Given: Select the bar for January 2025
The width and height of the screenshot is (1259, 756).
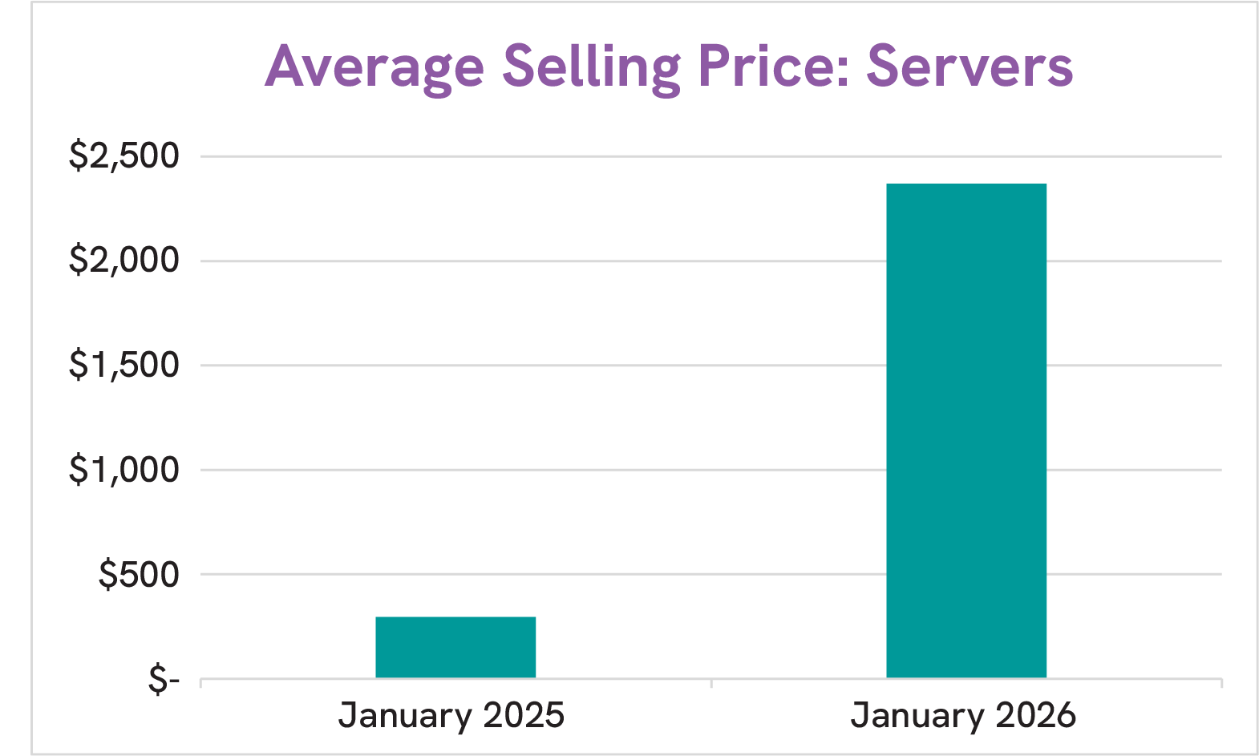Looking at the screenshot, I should (x=455, y=647).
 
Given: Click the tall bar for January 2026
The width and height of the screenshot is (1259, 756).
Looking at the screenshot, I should (x=966, y=431).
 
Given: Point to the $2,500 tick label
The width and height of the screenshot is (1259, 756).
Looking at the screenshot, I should (x=123, y=156).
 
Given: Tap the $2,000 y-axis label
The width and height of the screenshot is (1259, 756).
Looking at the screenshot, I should (x=123, y=261).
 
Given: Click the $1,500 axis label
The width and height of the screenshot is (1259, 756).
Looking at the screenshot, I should (x=123, y=365).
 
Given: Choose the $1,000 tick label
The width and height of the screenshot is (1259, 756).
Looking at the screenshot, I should (x=123, y=470).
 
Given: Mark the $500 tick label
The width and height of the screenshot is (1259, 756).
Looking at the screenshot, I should (x=138, y=575).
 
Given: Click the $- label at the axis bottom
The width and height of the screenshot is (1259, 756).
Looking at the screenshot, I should (x=163, y=680).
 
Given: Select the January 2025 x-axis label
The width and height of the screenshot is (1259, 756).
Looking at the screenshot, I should (x=451, y=715).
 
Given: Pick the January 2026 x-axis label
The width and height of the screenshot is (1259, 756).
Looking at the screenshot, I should (x=963, y=715).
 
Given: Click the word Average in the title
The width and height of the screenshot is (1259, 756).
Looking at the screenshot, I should (x=374, y=67).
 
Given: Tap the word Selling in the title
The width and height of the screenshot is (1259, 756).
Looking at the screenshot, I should (x=591, y=67).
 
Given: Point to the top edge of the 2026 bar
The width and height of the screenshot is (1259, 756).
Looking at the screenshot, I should (x=966, y=184).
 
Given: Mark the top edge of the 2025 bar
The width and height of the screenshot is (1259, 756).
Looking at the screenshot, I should (x=455, y=617).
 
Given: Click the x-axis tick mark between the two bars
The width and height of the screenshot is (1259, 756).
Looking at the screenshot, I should (x=711, y=683).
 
